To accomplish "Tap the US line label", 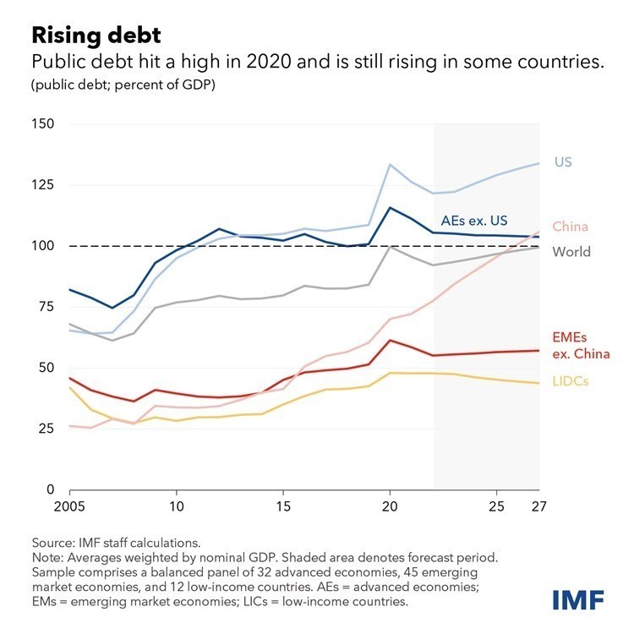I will click(563, 161).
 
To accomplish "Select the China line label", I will click(571, 227).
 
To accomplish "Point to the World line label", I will click(571, 252).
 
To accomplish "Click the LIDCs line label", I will click(571, 381).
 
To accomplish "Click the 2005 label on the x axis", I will click(70, 508).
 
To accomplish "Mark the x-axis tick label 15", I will click(282, 508).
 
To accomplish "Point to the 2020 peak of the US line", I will click(389, 164).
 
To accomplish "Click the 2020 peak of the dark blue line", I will click(389, 207).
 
